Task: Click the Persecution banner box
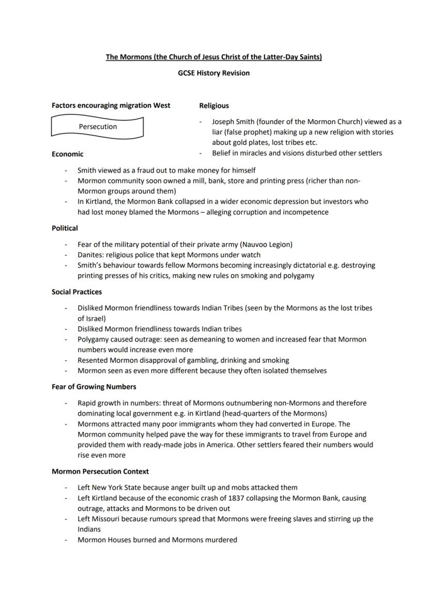(97, 127)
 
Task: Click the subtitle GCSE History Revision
(213, 73)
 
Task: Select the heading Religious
(214, 106)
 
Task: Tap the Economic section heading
(67, 154)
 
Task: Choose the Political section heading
(65, 228)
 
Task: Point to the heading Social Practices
(77, 292)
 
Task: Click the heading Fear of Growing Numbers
(94, 387)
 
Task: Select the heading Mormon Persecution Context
(100, 471)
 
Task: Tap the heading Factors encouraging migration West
(111, 106)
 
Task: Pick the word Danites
(91, 255)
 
